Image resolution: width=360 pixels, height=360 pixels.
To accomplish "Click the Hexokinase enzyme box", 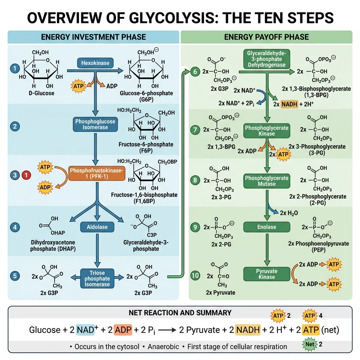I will point(95,63).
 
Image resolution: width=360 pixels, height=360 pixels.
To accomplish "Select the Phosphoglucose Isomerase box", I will point(95,124).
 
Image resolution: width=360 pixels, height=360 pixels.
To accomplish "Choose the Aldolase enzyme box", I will point(97,227).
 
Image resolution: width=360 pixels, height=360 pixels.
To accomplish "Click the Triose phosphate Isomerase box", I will point(97,278).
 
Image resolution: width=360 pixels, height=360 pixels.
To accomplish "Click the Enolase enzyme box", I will point(266,227).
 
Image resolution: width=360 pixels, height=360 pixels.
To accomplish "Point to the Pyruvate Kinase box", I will point(266,274).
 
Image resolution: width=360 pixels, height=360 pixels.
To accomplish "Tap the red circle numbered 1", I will point(26,175).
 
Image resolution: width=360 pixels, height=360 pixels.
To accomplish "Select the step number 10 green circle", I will point(195,276).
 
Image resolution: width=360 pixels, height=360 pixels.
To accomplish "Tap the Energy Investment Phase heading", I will point(93,37).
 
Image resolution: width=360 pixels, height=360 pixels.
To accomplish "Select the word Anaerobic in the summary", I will point(164,347).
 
